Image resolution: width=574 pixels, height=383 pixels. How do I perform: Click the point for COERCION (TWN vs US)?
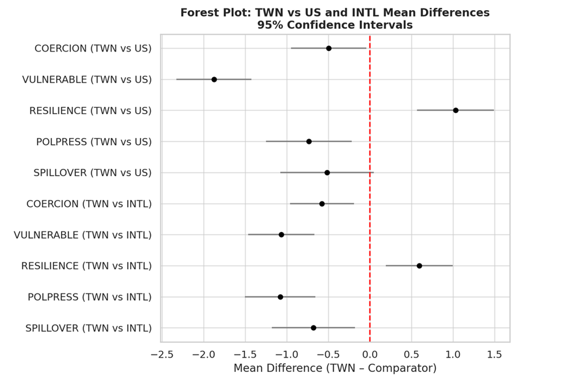(x=329, y=48)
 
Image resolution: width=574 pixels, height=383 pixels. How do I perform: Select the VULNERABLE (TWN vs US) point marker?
(x=214, y=79)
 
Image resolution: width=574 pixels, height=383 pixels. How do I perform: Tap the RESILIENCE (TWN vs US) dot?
(x=455, y=110)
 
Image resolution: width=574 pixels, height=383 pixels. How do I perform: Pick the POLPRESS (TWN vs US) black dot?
(x=309, y=141)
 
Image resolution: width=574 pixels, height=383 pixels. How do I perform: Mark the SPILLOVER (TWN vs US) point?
(x=327, y=173)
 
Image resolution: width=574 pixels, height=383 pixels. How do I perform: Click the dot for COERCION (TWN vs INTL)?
(x=322, y=204)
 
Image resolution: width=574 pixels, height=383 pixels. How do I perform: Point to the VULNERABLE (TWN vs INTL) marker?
(x=281, y=235)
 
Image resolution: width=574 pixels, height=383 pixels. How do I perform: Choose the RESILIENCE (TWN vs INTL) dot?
(x=419, y=266)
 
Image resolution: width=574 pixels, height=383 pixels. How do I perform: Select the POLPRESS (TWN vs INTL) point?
(x=281, y=297)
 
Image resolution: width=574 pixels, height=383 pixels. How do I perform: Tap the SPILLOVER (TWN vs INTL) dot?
(x=314, y=328)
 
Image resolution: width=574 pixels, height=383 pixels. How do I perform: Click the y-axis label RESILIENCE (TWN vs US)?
(x=90, y=111)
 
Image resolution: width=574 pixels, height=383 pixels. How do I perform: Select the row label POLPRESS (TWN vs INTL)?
(x=89, y=297)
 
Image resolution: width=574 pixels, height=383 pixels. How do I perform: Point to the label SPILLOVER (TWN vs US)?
(x=92, y=173)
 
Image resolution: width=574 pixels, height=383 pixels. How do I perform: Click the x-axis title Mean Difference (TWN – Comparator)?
(x=335, y=369)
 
